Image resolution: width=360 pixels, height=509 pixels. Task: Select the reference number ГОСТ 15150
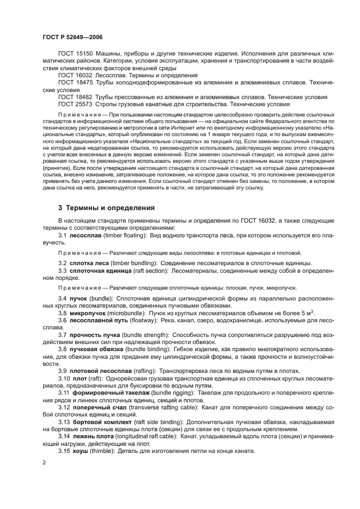point(75,55)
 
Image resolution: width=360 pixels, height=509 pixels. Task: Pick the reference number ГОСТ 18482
point(75,96)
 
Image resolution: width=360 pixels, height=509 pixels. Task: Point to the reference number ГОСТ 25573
point(75,103)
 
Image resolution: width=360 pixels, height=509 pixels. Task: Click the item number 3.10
point(64,377)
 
